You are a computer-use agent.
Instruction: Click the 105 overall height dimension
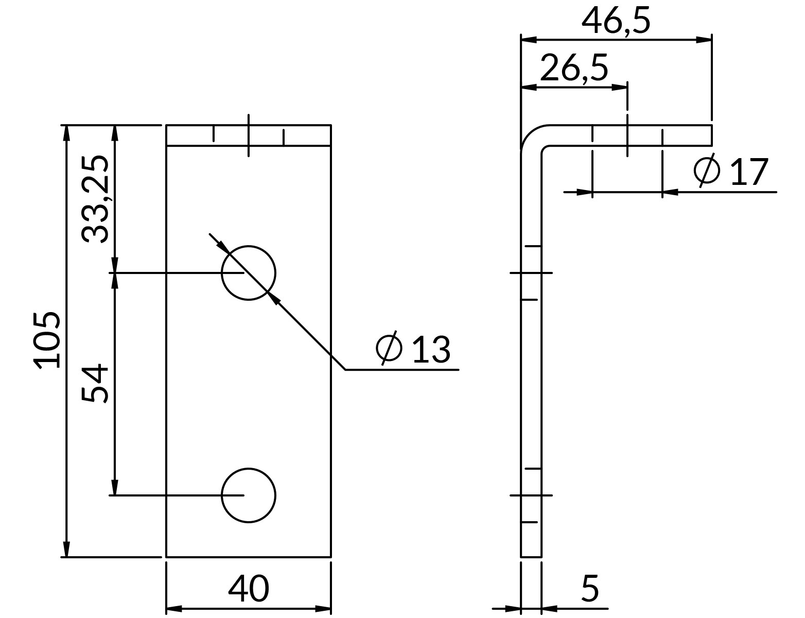pyautogui.click(x=47, y=340)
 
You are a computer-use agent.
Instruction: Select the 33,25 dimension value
pyautogui.click(x=95, y=199)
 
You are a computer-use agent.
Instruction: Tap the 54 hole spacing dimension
pyautogui.click(x=95, y=383)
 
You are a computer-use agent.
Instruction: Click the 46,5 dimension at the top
pyautogui.click(x=616, y=21)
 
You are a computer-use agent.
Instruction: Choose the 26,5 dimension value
pyautogui.click(x=574, y=68)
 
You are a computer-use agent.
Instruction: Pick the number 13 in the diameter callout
pyautogui.click(x=431, y=349)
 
